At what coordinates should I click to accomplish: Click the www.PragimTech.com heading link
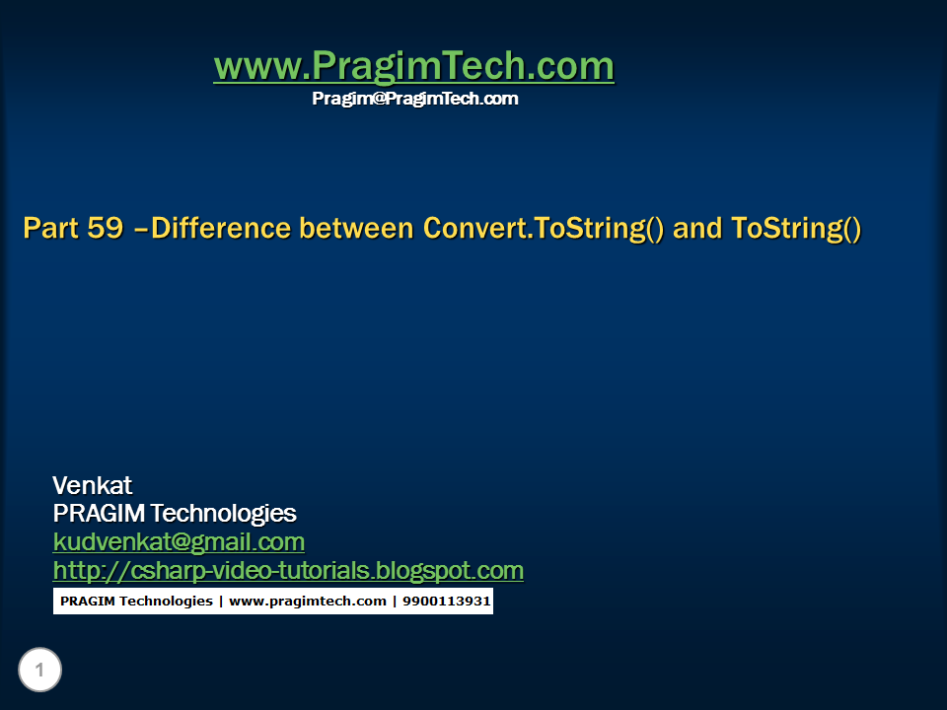414,65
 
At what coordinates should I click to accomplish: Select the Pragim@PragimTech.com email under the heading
415,99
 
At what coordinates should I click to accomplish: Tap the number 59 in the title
106,228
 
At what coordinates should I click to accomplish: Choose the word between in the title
356,228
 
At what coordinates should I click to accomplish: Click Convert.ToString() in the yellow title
544,228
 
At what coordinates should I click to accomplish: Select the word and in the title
697,228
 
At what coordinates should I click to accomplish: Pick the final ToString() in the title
796,228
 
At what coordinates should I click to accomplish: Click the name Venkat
93,485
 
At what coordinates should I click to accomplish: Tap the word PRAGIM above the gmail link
99,513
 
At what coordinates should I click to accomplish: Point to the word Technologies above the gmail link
224,514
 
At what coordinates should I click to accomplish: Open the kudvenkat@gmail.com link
179,542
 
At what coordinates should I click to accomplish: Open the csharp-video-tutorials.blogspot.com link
288,571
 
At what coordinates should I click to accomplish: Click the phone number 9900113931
446,602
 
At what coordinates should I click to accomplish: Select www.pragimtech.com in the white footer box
308,602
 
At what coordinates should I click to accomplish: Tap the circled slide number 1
39,670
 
